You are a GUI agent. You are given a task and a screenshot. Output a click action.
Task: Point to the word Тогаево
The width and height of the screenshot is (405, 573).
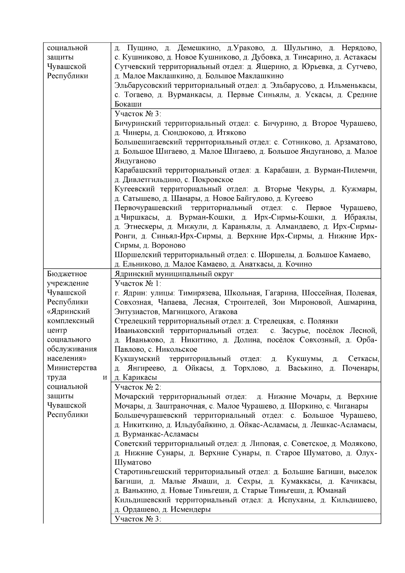tap(135, 95)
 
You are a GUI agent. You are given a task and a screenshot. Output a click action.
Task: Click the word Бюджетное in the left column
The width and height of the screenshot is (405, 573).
tap(67, 274)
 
